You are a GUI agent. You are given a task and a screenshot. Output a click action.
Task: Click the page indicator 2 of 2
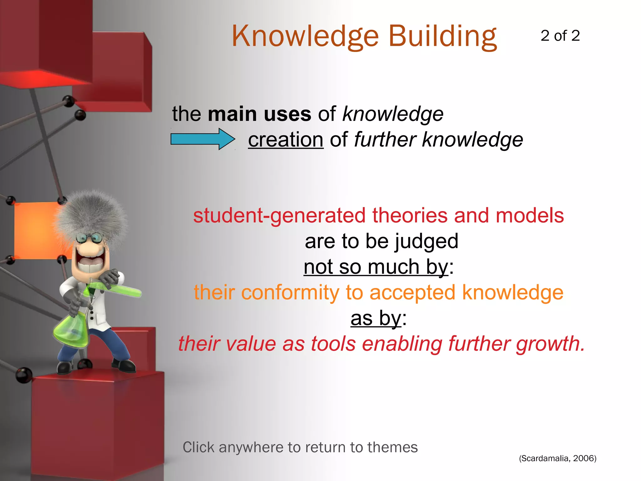[560, 36]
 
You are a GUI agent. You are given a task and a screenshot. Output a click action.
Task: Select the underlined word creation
[285, 140]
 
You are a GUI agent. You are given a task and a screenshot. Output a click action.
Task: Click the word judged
[426, 241]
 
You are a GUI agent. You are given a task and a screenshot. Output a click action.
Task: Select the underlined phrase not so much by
[376, 267]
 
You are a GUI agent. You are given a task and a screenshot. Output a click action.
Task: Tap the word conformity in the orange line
[290, 293]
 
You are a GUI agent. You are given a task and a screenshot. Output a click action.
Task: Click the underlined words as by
[375, 318]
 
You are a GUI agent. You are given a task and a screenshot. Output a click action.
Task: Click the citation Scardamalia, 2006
[557, 458]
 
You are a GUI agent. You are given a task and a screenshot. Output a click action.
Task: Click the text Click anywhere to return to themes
[300, 447]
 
